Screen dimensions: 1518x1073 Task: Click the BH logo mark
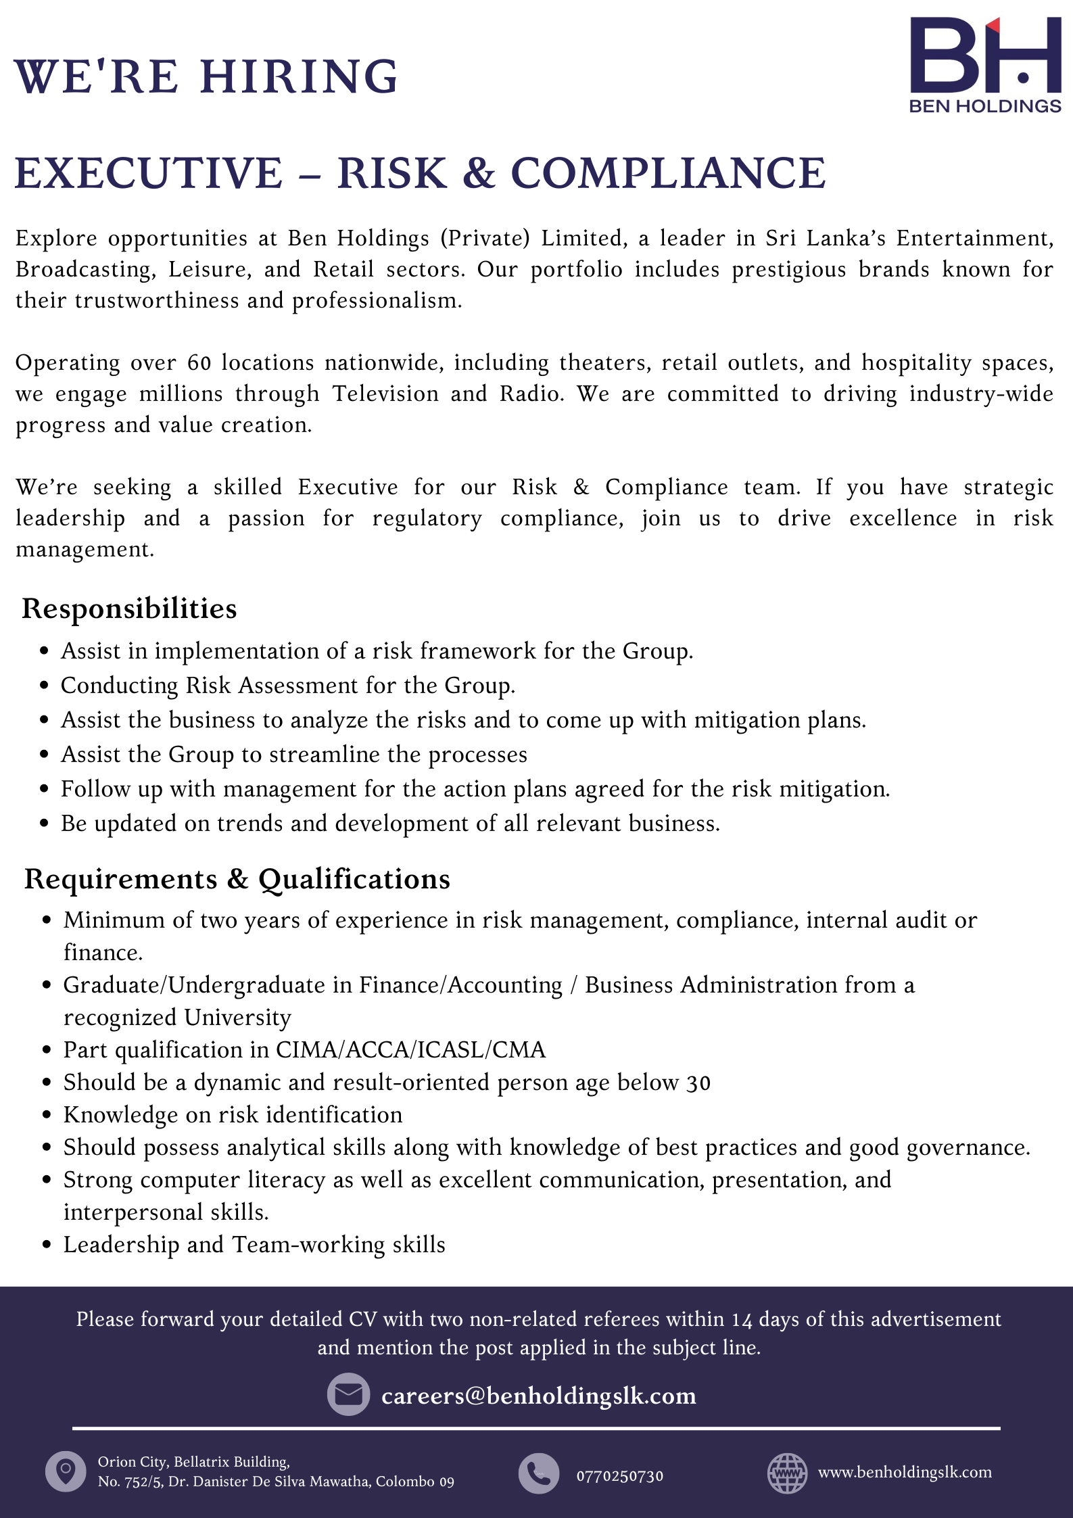984,55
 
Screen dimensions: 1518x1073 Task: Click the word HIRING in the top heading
299,76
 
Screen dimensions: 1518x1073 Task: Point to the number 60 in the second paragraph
199,364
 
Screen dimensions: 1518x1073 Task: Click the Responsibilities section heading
129,609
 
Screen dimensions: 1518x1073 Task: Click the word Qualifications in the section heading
354,879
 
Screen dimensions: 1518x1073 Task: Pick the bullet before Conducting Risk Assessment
45,686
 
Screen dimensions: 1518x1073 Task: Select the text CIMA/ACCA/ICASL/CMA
410,1049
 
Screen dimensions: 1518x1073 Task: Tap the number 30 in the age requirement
698,1083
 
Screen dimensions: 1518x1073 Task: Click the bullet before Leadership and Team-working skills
47,1245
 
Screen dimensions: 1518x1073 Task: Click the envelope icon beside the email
348,1394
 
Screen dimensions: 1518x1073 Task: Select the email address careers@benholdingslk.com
538,1396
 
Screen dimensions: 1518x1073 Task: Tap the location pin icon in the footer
66,1471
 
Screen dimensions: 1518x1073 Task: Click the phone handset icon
539,1473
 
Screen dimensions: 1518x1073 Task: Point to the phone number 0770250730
619,1476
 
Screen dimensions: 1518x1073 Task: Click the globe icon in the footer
787,1473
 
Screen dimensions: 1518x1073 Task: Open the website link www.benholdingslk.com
905,1472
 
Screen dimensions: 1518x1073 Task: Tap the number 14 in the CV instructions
742,1319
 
